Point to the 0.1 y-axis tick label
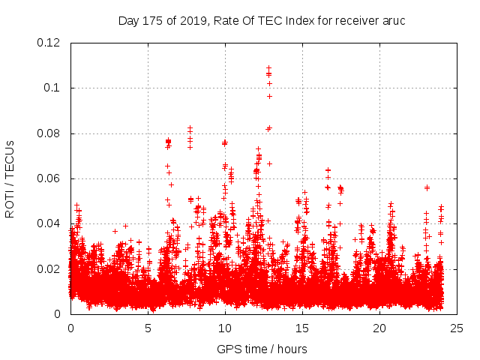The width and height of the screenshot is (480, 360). [x=55, y=88]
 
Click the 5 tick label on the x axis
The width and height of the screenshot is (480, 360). [x=148, y=328]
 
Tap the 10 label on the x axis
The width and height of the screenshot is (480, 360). [x=225, y=328]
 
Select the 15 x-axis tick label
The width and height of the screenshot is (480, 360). [x=302, y=328]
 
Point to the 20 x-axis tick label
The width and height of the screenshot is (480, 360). [x=379, y=328]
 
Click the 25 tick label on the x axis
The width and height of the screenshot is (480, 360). [x=457, y=328]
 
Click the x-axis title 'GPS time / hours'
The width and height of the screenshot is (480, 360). [x=262, y=349]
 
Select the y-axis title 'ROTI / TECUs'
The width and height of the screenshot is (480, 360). [x=10, y=178]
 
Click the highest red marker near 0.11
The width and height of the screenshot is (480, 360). [x=268, y=67]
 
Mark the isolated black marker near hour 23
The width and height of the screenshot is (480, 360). [x=427, y=187]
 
